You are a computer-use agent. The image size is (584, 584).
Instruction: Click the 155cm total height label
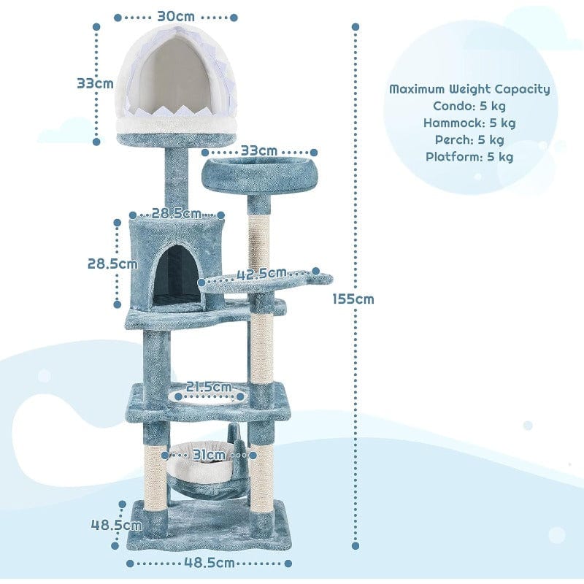pos(353,299)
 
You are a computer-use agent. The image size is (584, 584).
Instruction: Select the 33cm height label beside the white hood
pos(95,83)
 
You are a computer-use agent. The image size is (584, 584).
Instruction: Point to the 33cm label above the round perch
pos(258,151)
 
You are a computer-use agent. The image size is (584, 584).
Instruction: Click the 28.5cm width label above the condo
pos(176,214)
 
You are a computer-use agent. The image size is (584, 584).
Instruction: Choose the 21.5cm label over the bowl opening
pos(208,386)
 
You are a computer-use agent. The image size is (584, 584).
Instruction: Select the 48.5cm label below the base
pos(209,563)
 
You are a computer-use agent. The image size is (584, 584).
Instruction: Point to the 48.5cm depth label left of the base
pos(115,524)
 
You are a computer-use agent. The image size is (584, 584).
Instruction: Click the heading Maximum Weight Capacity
pos(469,89)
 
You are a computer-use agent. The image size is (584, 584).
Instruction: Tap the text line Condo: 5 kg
pos(469,106)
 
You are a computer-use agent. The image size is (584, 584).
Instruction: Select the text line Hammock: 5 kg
pos(469,123)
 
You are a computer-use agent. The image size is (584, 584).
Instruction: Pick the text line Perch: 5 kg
pos(469,139)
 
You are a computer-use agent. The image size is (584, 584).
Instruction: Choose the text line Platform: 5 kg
pos(469,156)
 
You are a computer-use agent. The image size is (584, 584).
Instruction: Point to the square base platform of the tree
pos(208,529)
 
